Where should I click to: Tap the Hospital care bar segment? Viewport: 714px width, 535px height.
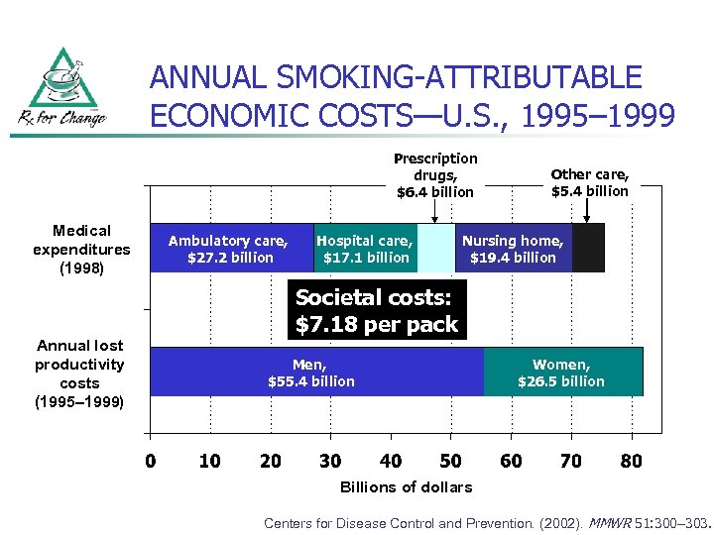coord(365,248)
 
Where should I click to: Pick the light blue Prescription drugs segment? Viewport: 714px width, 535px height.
coord(435,248)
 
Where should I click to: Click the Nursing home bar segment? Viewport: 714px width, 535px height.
coord(513,248)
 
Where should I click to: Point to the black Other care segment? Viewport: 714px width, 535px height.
coord(588,248)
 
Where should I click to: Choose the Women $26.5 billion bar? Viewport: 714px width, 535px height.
coord(562,372)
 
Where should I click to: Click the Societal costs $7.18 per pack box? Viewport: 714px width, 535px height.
coord(377,310)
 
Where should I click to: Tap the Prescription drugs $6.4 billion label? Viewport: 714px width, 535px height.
coord(435,174)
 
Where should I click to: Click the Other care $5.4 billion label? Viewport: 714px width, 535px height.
coord(590,182)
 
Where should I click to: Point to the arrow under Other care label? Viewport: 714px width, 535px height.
coord(588,212)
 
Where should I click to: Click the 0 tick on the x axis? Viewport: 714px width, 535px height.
coord(150,461)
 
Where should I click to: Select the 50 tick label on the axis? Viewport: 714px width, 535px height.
coord(450,461)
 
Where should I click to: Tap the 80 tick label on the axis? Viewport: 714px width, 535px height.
coord(631,461)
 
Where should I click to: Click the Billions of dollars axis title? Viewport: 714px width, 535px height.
coord(406,486)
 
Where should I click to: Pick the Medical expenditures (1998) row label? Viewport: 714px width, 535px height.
coord(81,249)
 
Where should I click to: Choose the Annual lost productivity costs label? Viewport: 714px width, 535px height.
coord(79,374)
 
